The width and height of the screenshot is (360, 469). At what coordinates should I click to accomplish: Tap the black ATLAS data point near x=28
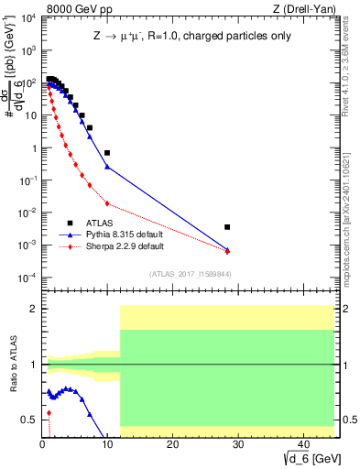coord(227,226)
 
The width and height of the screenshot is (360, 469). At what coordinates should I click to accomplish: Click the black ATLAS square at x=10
coord(107,153)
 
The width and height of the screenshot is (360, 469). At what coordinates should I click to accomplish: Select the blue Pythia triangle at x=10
coord(107,167)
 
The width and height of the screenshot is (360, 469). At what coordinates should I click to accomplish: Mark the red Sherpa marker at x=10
coord(107,203)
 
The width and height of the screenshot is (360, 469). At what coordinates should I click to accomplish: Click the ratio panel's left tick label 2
coord(34,309)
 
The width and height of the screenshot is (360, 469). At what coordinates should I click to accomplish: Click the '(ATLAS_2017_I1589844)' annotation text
coord(191,273)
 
